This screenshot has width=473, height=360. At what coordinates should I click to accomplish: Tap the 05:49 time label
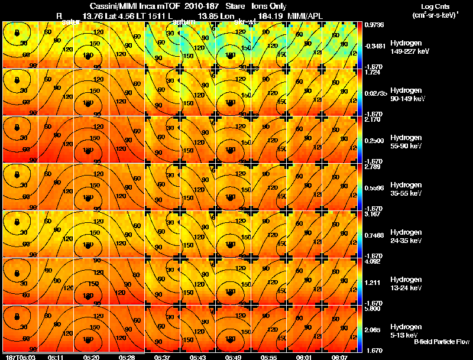232,357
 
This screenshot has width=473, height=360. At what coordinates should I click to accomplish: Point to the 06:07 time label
340,357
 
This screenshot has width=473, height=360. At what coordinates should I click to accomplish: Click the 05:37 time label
161,357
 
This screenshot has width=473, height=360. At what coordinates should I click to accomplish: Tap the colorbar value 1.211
374,283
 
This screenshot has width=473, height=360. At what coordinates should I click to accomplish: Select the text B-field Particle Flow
442,342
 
